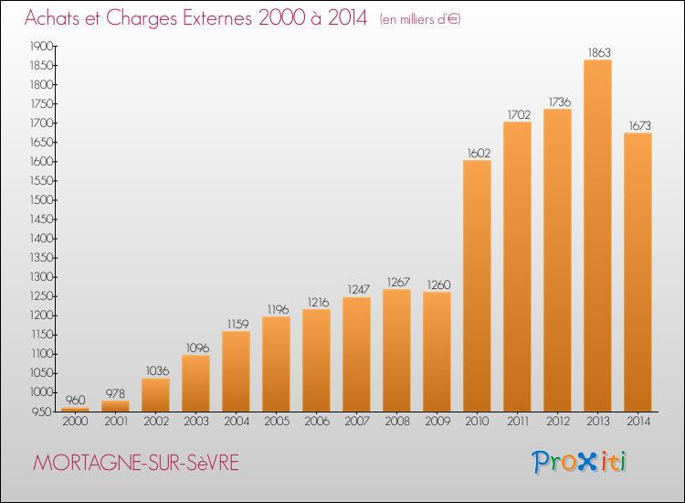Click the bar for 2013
coord(597,236)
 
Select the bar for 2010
coord(477,286)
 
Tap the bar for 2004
coord(236,371)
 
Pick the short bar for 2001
coord(115,406)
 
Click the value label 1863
coord(599,52)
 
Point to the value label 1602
coord(479,153)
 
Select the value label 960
coord(75,400)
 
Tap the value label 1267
coord(398,282)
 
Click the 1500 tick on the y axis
coord(41,200)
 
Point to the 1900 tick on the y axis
coord(41,46)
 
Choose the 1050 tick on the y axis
coord(41,373)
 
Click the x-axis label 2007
coord(357,422)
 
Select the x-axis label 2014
coord(638,422)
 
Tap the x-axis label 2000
coord(75,422)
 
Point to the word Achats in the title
coord(52,18)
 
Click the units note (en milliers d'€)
coord(420,19)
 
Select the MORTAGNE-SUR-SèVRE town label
coord(136,463)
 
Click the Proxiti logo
coord(578,462)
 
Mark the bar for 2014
coord(638,273)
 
